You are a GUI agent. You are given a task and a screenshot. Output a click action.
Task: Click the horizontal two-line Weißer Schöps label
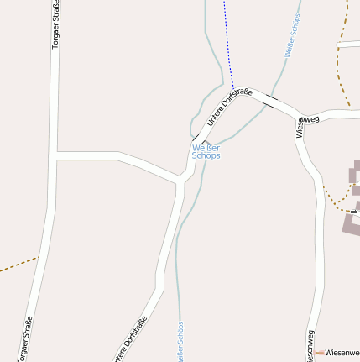206,151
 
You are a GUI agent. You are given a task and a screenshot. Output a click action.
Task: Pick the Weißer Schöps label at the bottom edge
180,342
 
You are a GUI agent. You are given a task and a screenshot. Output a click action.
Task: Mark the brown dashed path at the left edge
17,265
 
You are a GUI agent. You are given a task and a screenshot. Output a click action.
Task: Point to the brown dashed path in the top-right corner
343,25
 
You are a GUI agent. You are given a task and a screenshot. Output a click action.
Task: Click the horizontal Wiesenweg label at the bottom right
342,352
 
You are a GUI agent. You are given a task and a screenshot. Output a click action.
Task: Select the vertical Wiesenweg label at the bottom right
310,345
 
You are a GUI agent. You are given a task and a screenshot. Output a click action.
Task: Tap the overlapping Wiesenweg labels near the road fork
304,123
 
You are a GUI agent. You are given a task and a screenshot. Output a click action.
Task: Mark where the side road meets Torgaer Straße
55,155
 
